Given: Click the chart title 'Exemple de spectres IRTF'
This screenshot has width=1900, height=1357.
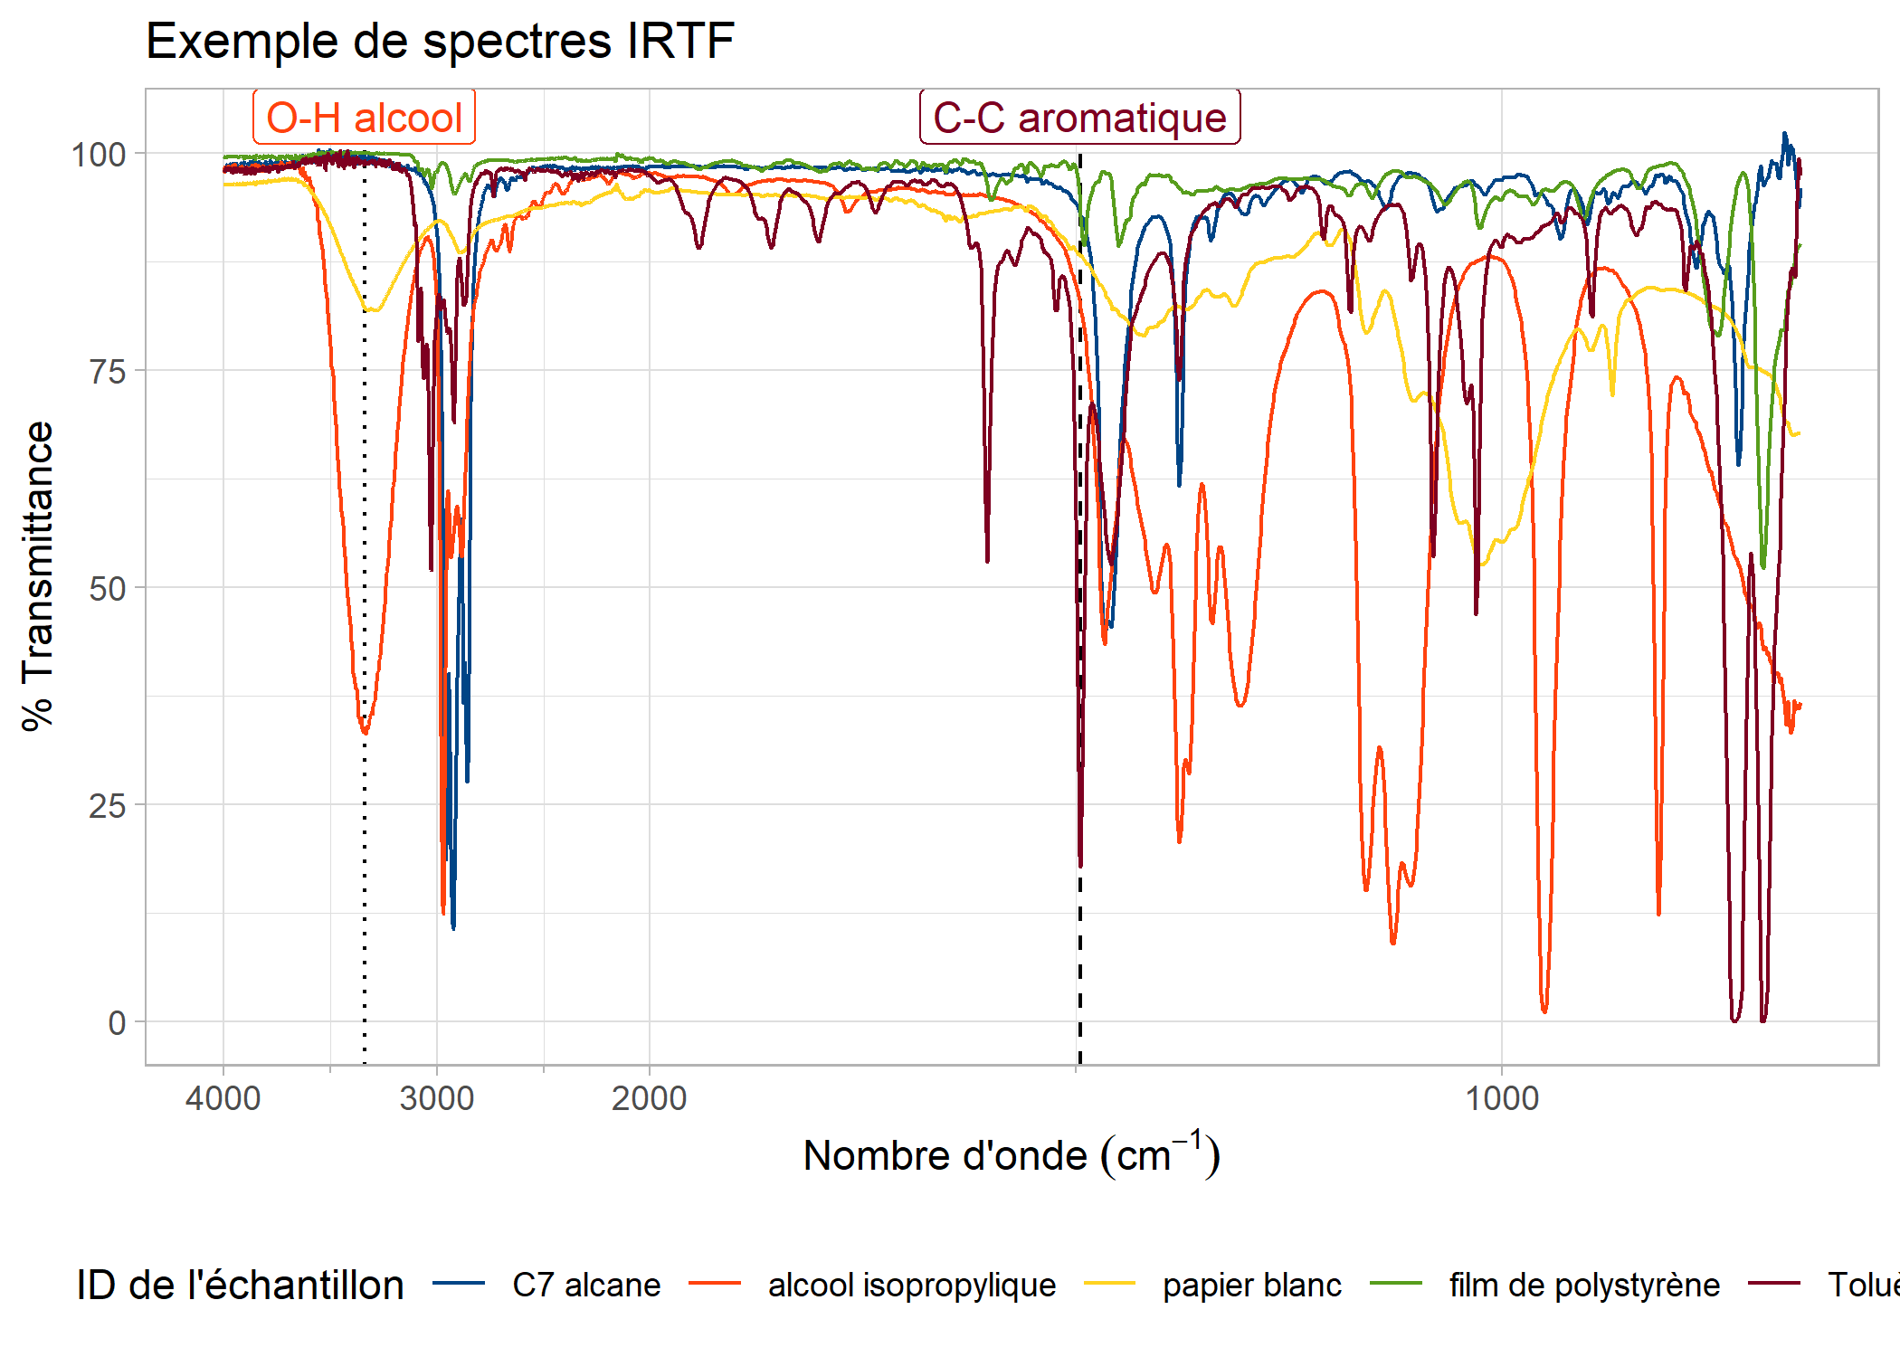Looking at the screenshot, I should [440, 42].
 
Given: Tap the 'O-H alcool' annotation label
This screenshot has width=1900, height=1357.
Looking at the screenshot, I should [364, 118].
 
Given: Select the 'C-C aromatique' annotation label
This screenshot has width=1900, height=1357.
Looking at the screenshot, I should [1079, 118].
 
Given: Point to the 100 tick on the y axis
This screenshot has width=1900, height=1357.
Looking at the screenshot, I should [99, 155].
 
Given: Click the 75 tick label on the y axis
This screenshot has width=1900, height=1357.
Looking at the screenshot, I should [107, 371].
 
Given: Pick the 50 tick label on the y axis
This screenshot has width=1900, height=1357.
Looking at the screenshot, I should [107, 588].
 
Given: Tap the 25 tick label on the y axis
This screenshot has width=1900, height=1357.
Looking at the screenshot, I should [107, 805].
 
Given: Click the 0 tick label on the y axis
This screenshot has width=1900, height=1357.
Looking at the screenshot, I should [117, 1022].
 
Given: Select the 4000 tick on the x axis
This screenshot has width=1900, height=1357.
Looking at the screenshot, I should [223, 1098].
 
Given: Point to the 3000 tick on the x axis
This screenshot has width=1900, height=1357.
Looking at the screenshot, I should [437, 1098].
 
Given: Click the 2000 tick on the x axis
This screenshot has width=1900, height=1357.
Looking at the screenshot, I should [650, 1098].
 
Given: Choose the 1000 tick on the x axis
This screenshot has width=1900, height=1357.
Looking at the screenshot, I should [1502, 1098].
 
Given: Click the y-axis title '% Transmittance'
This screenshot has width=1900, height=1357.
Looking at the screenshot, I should [38, 576].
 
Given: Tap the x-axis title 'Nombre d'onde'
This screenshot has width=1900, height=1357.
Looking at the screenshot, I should [1012, 1155].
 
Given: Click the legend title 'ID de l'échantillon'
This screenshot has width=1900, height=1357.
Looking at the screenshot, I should [241, 1285].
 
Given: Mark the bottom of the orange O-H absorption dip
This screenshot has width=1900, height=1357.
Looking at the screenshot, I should [365, 731].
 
